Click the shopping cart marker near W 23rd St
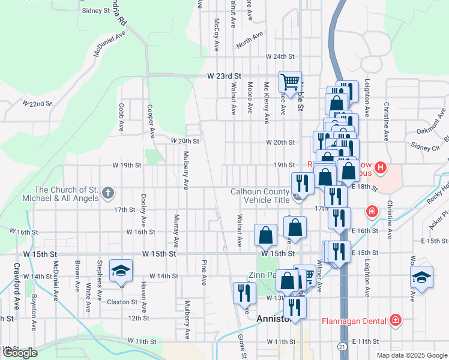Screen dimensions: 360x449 (x=291, y=82)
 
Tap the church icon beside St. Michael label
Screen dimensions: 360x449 (x=108, y=194)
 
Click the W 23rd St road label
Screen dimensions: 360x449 (x=224, y=77)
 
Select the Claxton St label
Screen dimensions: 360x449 (x=122, y=302)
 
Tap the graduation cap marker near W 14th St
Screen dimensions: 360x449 (x=121, y=271)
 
